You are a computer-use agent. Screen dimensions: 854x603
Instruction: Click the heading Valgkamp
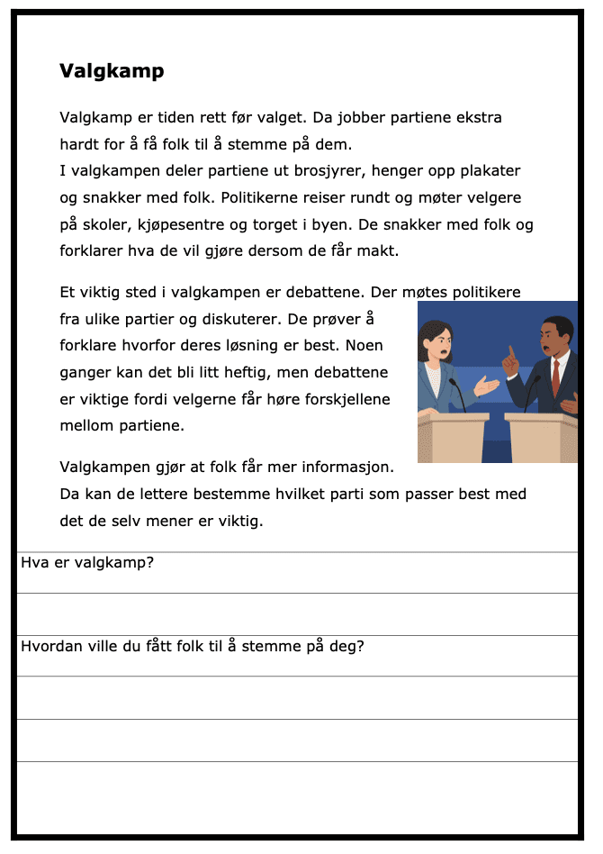click(112, 71)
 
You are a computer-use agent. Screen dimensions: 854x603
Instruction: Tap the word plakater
click(486, 171)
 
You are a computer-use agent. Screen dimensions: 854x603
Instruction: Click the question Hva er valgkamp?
click(87, 563)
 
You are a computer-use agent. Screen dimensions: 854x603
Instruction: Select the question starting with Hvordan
click(192, 646)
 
